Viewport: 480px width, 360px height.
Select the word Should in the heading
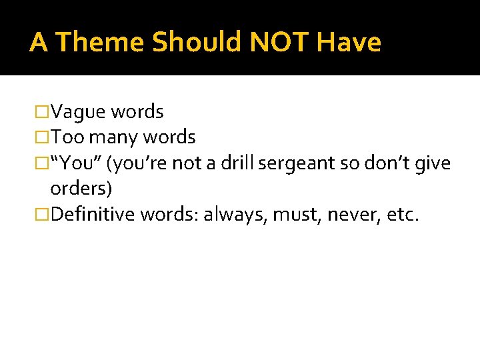[x=197, y=43]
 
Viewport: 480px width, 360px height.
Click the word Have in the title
[x=349, y=43]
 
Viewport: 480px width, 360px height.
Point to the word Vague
[x=79, y=112]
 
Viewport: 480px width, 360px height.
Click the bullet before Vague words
[x=43, y=112]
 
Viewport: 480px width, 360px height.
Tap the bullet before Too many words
[x=43, y=138]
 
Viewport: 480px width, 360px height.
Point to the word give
[x=434, y=163]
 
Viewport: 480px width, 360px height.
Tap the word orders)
[x=81, y=189]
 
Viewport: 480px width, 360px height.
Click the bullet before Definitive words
[x=43, y=215]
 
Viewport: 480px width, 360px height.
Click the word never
[x=346, y=215]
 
